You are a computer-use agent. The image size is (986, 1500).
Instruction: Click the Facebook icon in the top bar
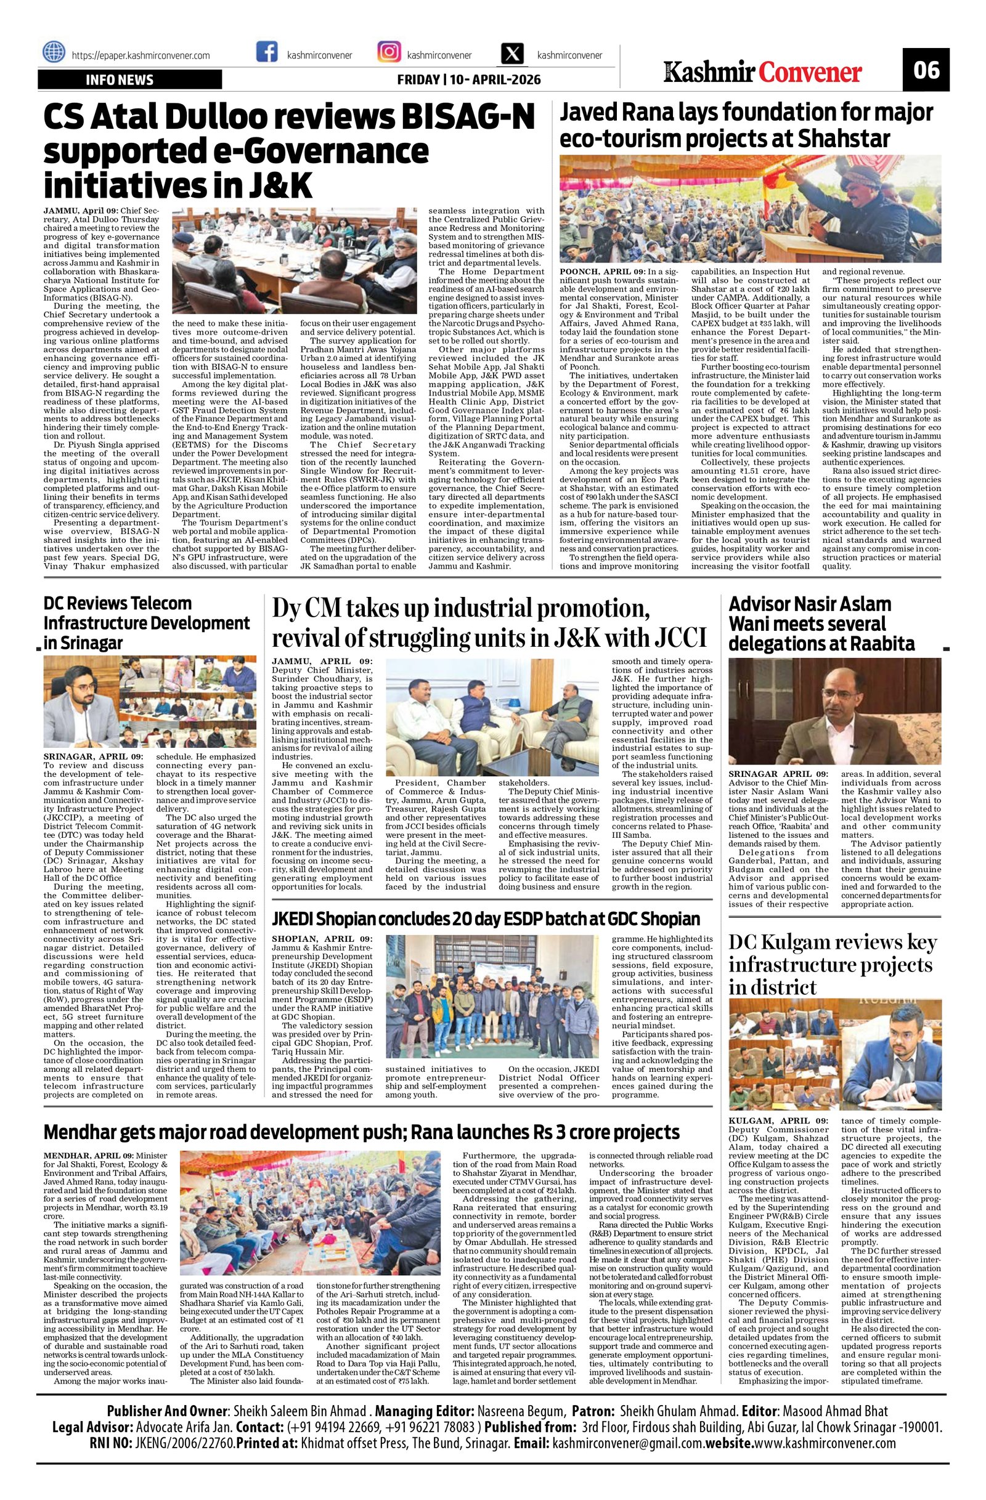coord(267,52)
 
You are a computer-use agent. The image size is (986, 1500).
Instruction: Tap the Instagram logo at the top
coord(389,52)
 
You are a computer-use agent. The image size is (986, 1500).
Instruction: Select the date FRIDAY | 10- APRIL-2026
coord(468,80)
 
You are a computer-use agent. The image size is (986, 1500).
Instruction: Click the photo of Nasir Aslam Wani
coord(834,711)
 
